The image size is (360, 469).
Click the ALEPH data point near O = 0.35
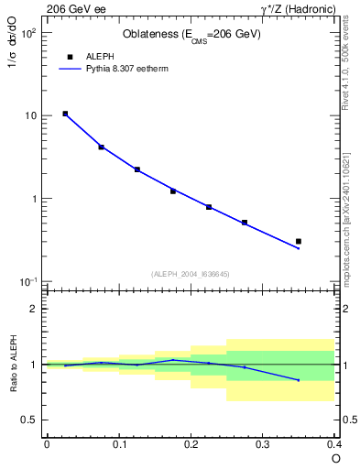click(299, 241)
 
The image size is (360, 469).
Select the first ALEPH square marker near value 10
click(65, 114)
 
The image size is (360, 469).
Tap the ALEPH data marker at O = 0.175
click(173, 191)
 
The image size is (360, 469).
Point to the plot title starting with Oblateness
click(191, 35)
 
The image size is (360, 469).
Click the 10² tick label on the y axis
click(27, 33)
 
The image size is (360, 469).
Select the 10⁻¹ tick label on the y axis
click(27, 282)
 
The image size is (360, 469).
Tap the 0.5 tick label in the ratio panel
click(30, 420)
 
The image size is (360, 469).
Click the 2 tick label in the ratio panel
click(34, 309)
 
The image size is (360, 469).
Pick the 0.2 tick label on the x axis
click(191, 444)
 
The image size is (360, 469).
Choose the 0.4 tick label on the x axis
click(334, 444)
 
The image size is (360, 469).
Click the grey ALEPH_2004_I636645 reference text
click(191, 274)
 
